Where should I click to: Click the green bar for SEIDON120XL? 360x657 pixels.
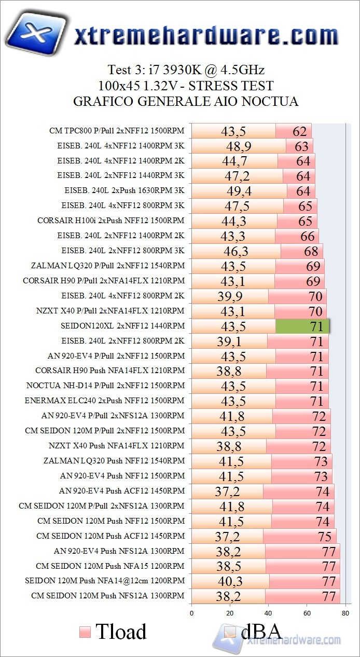[x=302, y=326]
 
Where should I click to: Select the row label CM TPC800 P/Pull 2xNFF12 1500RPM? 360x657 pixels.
[x=117, y=131]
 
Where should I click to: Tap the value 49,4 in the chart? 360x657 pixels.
[x=239, y=191]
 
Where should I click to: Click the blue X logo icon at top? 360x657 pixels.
[x=37, y=34]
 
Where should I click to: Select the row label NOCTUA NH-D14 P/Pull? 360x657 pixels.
[x=105, y=386]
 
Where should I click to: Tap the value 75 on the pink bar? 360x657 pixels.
[x=324, y=537]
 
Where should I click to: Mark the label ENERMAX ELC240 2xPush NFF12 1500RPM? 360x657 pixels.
[x=104, y=401]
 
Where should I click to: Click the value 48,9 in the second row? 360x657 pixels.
[x=239, y=146]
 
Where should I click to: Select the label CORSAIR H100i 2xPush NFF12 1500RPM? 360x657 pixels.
[x=110, y=221]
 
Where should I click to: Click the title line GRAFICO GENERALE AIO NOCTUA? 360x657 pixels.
[x=186, y=101]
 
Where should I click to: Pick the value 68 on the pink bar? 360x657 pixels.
[x=311, y=251]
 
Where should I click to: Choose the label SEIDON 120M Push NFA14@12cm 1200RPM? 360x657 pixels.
[x=104, y=581]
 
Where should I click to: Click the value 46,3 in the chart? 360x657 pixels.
[x=236, y=251]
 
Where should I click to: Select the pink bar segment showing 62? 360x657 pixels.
[x=293, y=131]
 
